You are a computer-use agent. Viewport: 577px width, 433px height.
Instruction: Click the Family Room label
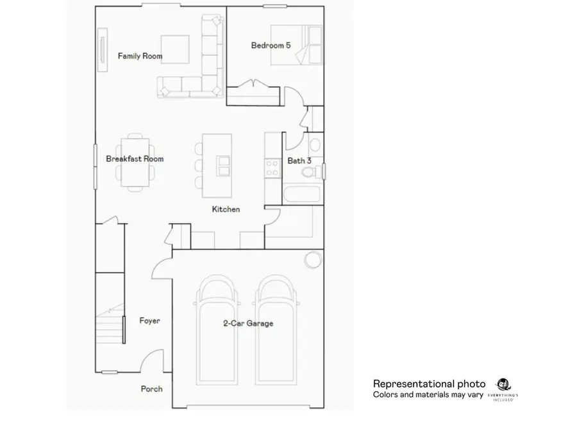[x=140, y=56]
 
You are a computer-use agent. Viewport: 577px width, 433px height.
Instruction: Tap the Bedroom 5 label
[x=275, y=45]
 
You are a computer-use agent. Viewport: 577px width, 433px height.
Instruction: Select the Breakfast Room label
[x=135, y=159]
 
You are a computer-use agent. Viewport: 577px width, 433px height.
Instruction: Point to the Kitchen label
[x=226, y=209]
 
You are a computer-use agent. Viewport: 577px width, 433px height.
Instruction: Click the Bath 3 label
[x=299, y=160]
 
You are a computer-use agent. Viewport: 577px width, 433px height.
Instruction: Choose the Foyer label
[x=149, y=321]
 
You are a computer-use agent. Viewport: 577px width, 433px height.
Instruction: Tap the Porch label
[x=151, y=389]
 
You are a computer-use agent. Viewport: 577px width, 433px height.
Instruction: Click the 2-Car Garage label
[x=247, y=323]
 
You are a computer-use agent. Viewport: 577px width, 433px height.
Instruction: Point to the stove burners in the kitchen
[x=272, y=167]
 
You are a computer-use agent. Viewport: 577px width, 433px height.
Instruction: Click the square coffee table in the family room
[x=175, y=49]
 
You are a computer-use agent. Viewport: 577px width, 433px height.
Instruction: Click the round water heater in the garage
[x=312, y=260]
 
